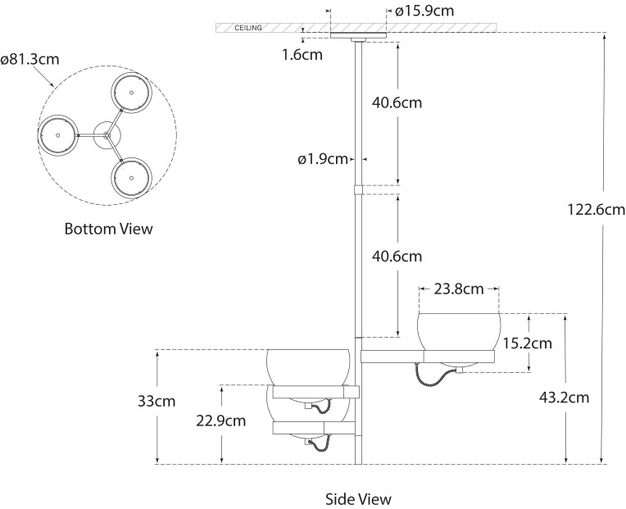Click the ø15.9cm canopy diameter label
click(x=424, y=11)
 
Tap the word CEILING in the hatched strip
click(x=248, y=28)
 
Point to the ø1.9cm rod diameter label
click(x=323, y=159)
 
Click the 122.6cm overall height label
click(x=596, y=209)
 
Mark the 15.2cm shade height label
click(x=528, y=343)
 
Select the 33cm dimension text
click(x=157, y=402)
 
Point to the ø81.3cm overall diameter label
click(x=30, y=59)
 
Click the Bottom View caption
click(x=108, y=230)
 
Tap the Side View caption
click(x=358, y=498)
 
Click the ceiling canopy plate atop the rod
click(x=357, y=36)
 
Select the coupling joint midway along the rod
click(x=358, y=189)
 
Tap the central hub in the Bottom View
click(x=106, y=134)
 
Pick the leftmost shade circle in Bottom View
click(x=57, y=134)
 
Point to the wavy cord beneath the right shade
click(x=434, y=375)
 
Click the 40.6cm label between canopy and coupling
click(x=397, y=103)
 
